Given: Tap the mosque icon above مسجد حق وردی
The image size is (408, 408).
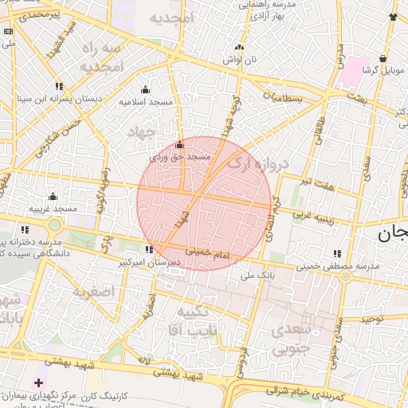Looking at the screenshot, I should click(x=179, y=146).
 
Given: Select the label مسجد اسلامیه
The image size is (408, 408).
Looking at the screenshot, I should click(x=146, y=101).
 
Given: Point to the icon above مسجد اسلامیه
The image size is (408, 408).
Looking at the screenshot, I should click(x=145, y=89).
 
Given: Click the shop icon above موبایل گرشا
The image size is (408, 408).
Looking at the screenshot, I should click(x=383, y=58).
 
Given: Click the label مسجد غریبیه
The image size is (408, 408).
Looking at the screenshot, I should click(x=53, y=208).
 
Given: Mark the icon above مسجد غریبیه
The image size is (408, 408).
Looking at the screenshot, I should click(x=53, y=196).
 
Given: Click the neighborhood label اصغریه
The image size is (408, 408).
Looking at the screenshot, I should click(x=94, y=292).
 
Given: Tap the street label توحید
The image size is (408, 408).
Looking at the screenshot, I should click(x=371, y=319).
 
